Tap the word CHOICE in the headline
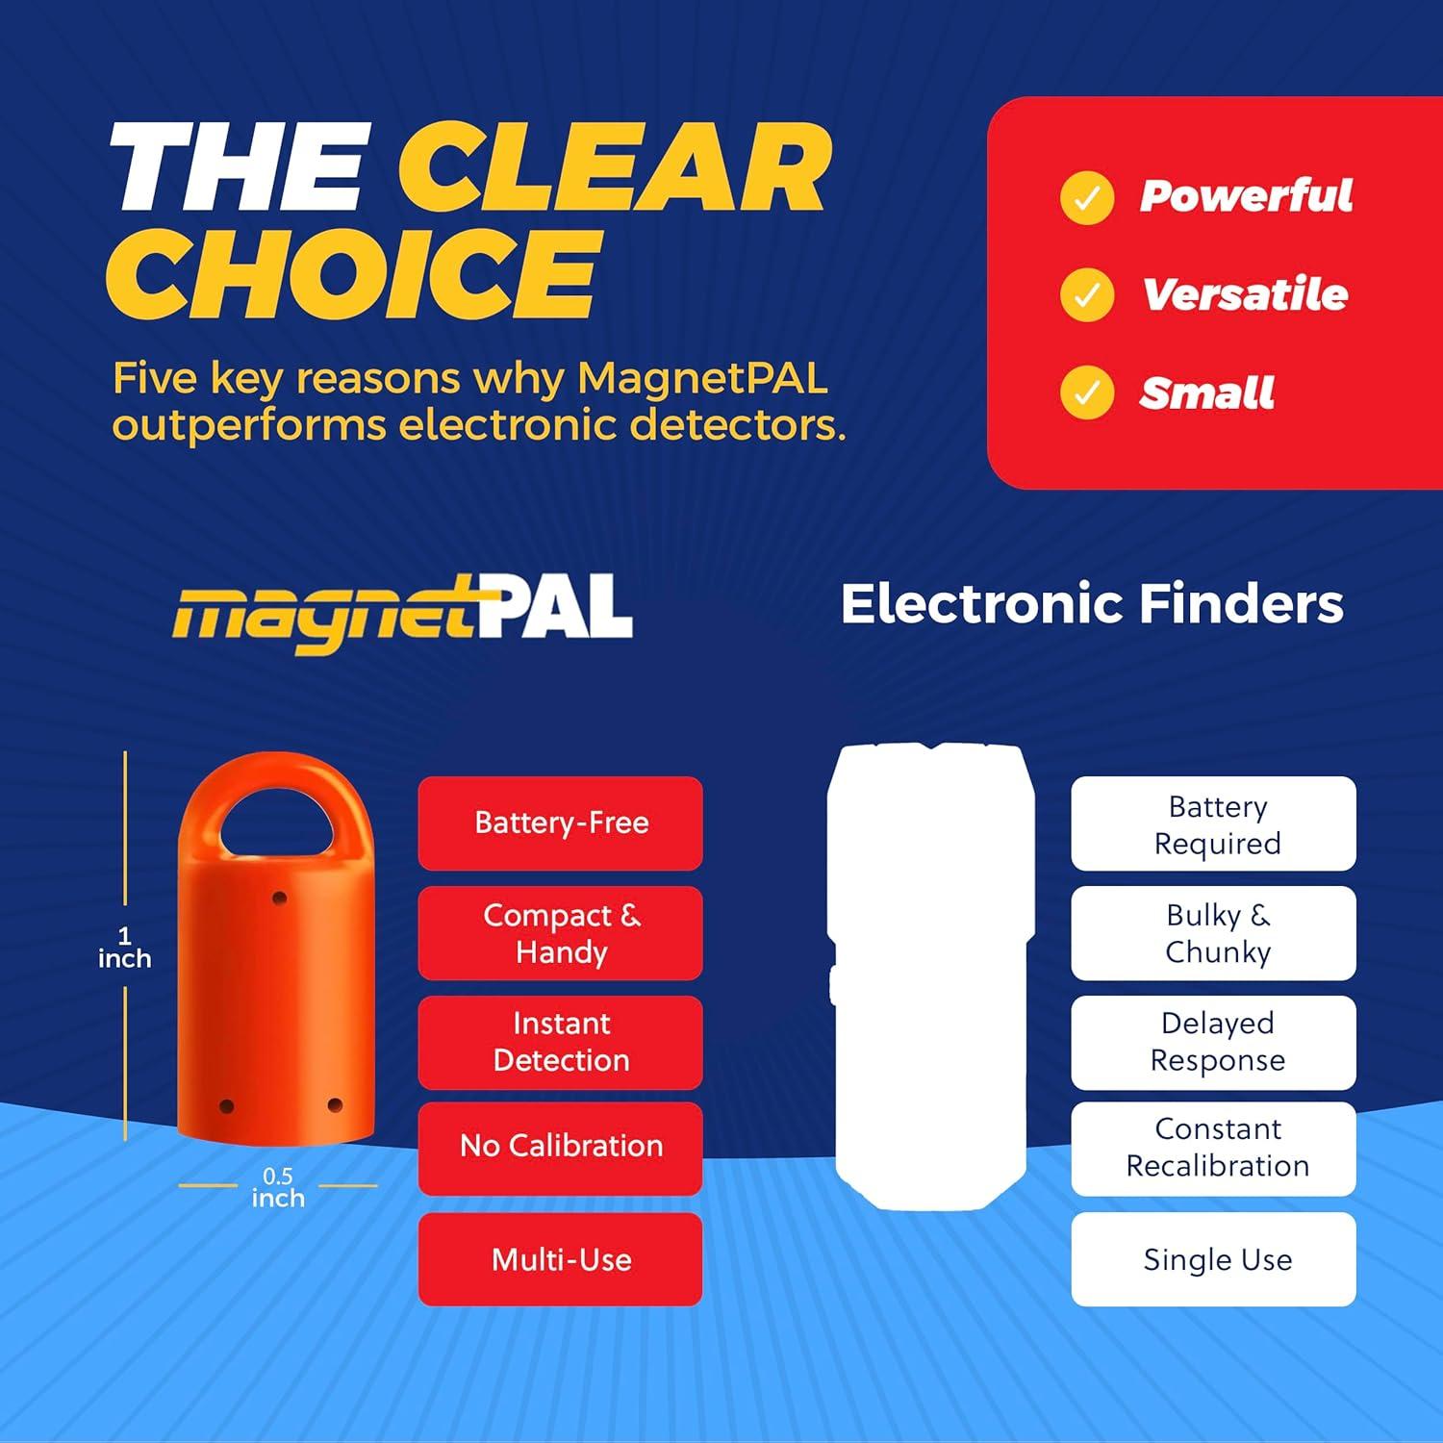pyautogui.click(x=354, y=273)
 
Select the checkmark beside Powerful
pyautogui.click(x=1087, y=197)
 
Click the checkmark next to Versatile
pyautogui.click(x=1087, y=294)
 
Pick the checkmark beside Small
pyautogui.click(x=1087, y=392)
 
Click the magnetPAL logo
pyautogui.click(x=402, y=613)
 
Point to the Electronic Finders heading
pyautogui.click(x=1092, y=604)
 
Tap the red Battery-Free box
pyautogui.click(x=561, y=823)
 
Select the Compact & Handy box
pyautogui.click(x=561, y=933)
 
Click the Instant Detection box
pyautogui.click(x=561, y=1042)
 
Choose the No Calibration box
pyautogui.click(x=561, y=1147)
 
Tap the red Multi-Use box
pyautogui.click(x=561, y=1259)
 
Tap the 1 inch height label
pyautogui.click(x=124, y=948)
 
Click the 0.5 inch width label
pyautogui.click(x=278, y=1187)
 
